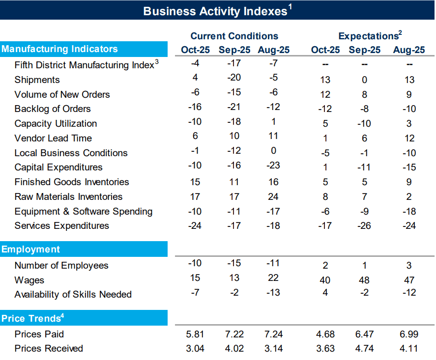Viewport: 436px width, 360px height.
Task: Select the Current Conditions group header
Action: tap(234, 36)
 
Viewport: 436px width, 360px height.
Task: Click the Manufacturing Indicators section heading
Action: tap(59, 49)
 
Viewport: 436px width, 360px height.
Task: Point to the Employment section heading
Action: tap(31, 249)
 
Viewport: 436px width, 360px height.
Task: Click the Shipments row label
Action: tap(37, 80)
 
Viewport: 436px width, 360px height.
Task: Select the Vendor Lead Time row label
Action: tap(53, 138)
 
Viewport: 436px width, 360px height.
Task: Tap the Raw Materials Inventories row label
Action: tap(68, 196)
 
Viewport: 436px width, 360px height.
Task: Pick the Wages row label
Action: tap(29, 280)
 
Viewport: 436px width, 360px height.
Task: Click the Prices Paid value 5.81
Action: tap(195, 334)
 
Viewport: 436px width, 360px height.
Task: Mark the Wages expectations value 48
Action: tap(364, 280)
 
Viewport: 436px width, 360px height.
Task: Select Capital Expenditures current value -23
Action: tap(273, 165)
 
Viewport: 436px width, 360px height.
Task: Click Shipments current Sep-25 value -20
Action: tap(234, 78)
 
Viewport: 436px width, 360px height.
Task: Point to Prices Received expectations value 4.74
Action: tap(364, 349)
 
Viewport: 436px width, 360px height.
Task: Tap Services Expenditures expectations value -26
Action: tap(364, 226)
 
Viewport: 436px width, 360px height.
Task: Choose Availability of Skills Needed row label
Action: tap(73, 295)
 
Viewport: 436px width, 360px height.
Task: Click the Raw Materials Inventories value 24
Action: tap(273, 196)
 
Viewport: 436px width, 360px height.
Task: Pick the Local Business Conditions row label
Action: tap(71, 153)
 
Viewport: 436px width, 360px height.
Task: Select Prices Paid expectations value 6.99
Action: tap(409, 334)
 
